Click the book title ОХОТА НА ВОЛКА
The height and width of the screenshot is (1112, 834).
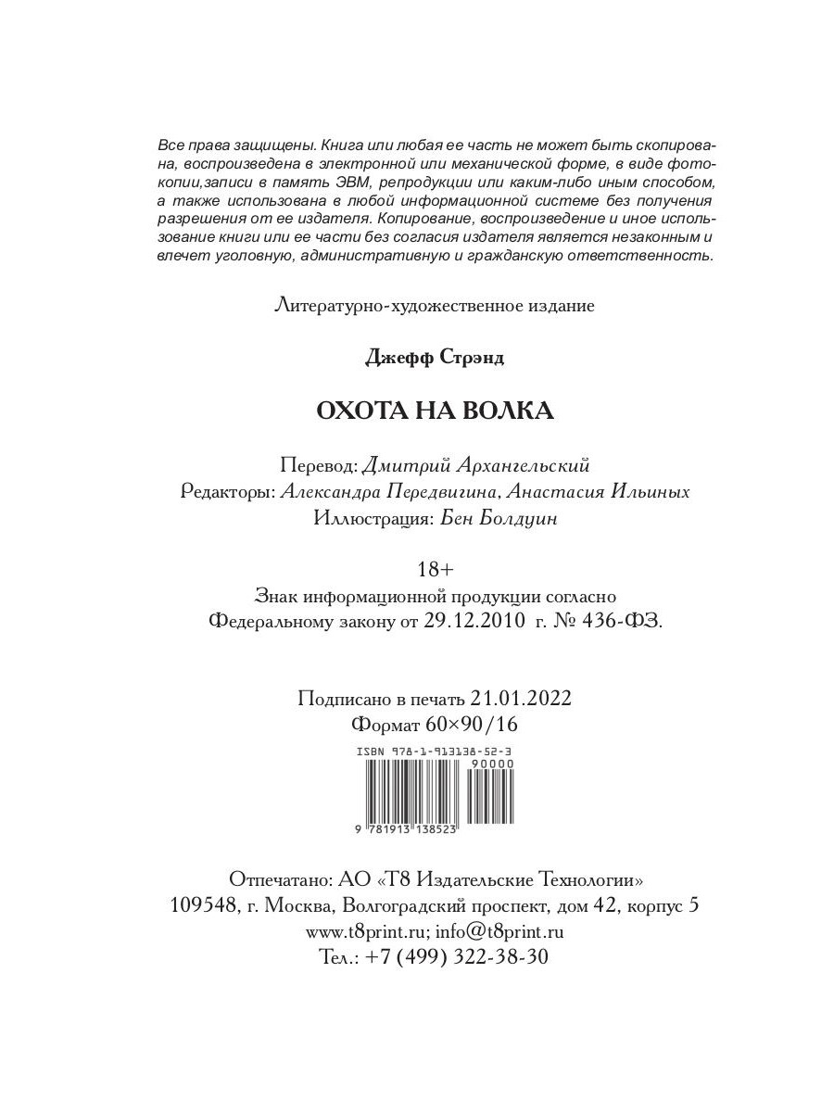(x=435, y=411)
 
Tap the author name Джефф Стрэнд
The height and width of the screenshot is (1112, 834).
(x=435, y=358)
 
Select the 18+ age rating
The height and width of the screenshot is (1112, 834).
(x=435, y=567)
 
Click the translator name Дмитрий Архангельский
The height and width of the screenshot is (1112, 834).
(x=475, y=464)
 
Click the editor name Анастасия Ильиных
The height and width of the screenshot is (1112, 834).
(x=610, y=492)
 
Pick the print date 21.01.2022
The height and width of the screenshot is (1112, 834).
(x=521, y=698)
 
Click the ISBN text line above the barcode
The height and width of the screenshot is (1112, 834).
(x=435, y=752)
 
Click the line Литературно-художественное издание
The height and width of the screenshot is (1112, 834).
(x=435, y=304)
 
